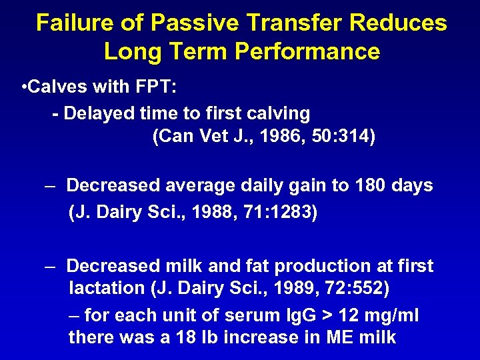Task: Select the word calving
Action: [x=278, y=114]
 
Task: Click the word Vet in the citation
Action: [x=207, y=137]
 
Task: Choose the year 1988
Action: [x=215, y=213]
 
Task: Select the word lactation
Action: [x=100, y=289]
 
